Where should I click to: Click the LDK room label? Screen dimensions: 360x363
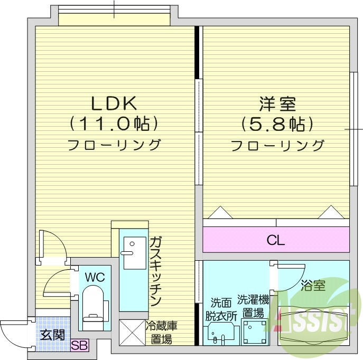114,101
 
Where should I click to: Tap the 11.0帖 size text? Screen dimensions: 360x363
114,124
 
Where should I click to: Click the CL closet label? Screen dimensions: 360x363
275,241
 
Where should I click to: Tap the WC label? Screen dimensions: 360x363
95,277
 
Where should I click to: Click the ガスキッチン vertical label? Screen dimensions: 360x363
155,272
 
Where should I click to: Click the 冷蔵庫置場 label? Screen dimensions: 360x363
159,333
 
